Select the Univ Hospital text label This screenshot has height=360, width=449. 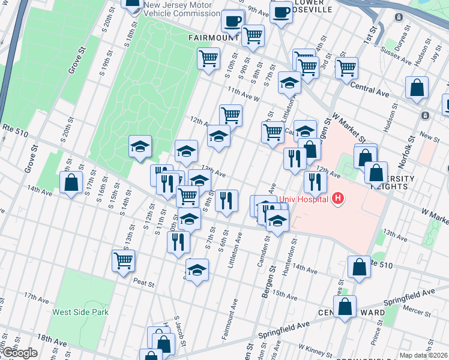(x=303, y=199)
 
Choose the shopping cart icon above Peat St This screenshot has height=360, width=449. (x=123, y=261)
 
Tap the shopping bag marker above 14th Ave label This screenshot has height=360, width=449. (x=71, y=182)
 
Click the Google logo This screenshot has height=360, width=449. (x=19, y=353)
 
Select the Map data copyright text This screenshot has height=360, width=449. (x=423, y=355)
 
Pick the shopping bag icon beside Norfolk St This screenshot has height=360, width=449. (x=416, y=88)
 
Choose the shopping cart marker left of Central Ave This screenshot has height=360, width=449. (x=346, y=68)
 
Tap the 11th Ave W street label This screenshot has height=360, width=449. (x=243, y=94)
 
